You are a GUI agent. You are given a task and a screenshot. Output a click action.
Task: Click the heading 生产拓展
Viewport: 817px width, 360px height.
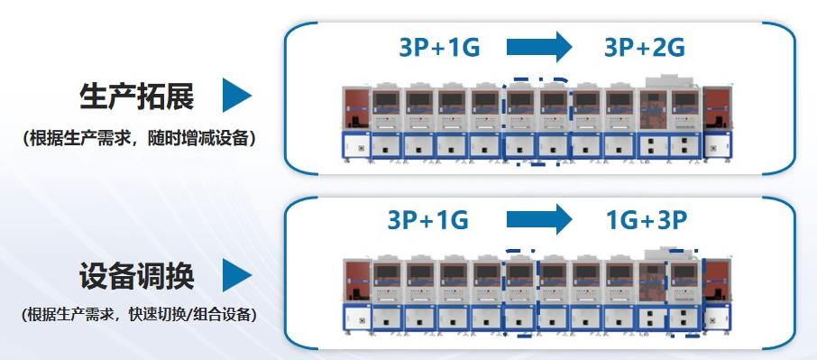(x=136, y=97)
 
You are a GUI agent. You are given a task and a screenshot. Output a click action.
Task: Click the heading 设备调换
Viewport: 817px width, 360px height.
(x=136, y=276)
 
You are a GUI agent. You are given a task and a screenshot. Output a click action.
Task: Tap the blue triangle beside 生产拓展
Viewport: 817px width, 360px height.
(x=237, y=96)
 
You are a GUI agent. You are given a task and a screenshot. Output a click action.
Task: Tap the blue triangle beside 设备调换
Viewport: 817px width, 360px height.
(x=237, y=274)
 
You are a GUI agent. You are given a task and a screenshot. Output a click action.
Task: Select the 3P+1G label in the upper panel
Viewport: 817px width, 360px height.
(x=439, y=48)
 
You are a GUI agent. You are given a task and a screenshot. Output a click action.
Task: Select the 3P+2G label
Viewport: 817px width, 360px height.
(x=645, y=48)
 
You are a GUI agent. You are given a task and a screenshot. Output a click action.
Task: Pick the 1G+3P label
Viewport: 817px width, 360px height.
(x=647, y=220)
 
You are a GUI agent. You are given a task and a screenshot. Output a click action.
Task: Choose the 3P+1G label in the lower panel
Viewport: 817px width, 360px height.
(x=427, y=220)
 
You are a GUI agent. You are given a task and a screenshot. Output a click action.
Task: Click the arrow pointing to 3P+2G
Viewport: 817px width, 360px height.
(x=539, y=47)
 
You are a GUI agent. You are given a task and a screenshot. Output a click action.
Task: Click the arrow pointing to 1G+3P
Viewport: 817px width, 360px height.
(x=539, y=219)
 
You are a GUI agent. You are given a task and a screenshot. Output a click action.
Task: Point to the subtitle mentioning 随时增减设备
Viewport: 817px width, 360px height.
(x=139, y=139)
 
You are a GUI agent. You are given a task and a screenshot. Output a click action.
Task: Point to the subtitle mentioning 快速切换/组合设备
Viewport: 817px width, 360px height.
(x=139, y=315)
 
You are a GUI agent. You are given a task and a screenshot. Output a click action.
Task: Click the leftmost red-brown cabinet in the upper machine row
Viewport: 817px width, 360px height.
(x=356, y=108)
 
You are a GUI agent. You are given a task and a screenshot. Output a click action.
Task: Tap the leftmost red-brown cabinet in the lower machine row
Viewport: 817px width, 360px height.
(x=358, y=282)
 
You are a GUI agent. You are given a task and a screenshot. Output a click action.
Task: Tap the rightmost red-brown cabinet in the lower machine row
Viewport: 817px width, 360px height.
(x=718, y=282)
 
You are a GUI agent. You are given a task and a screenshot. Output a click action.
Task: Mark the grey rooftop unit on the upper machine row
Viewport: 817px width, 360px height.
(x=670, y=81)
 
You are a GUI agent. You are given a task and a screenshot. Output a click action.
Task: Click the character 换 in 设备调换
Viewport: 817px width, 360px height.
(x=180, y=276)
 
